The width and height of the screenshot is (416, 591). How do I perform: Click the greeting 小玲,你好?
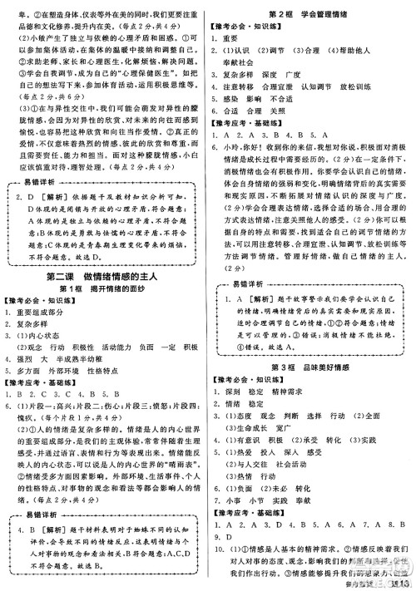click(245, 147)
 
